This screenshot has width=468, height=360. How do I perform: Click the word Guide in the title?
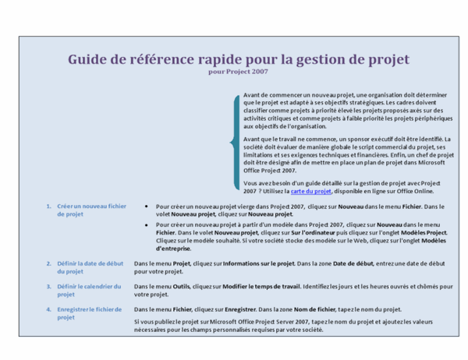pos(88,60)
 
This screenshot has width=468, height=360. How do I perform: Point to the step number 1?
pos(48,206)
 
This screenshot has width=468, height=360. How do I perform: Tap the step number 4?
pos(48,309)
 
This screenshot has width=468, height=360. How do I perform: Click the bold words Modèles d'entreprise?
pos(181,249)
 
